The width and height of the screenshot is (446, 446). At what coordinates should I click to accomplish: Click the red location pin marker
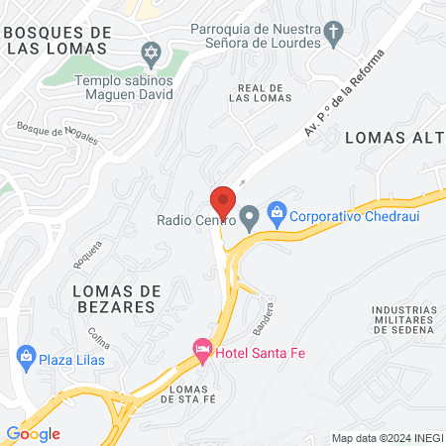224,202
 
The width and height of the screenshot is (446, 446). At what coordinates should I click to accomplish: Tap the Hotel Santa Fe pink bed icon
202,349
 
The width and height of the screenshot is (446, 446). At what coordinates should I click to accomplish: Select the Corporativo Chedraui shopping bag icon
278,212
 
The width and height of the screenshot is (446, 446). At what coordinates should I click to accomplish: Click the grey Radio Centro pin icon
250,215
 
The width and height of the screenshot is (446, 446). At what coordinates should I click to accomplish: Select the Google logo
33,433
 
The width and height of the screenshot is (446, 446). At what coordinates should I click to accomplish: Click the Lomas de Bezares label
115,298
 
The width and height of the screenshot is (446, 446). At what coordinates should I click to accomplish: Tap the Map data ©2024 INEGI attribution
386,437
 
